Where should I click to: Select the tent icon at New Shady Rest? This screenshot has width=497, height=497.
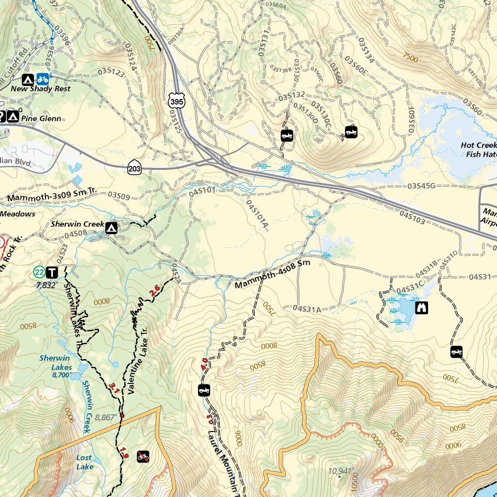tap(28, 79)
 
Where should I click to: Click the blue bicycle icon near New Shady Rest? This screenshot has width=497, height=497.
tap(43, 79)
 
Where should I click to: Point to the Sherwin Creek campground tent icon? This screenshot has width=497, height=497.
tap(112, 228)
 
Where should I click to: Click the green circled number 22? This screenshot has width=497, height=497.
tap(39, 272)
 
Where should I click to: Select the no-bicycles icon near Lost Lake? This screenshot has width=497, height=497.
tap(143, 456)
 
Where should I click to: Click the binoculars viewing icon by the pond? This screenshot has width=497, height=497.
tap(422, 308)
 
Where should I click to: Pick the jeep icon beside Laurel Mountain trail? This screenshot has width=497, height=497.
tap(204, 390)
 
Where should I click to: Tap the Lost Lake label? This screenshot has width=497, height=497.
tap(84, 462)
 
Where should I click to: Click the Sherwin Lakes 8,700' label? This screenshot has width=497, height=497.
tap(55, 367)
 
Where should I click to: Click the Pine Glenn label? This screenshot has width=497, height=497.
tap(41, 118)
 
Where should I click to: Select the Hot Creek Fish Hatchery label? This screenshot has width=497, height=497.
tap(479, 149)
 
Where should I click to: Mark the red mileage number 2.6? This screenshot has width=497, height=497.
tap(155, 291)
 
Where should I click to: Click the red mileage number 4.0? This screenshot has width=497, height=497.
tap(204, 363)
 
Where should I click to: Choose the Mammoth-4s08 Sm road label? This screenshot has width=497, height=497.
tap(272, 275)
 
